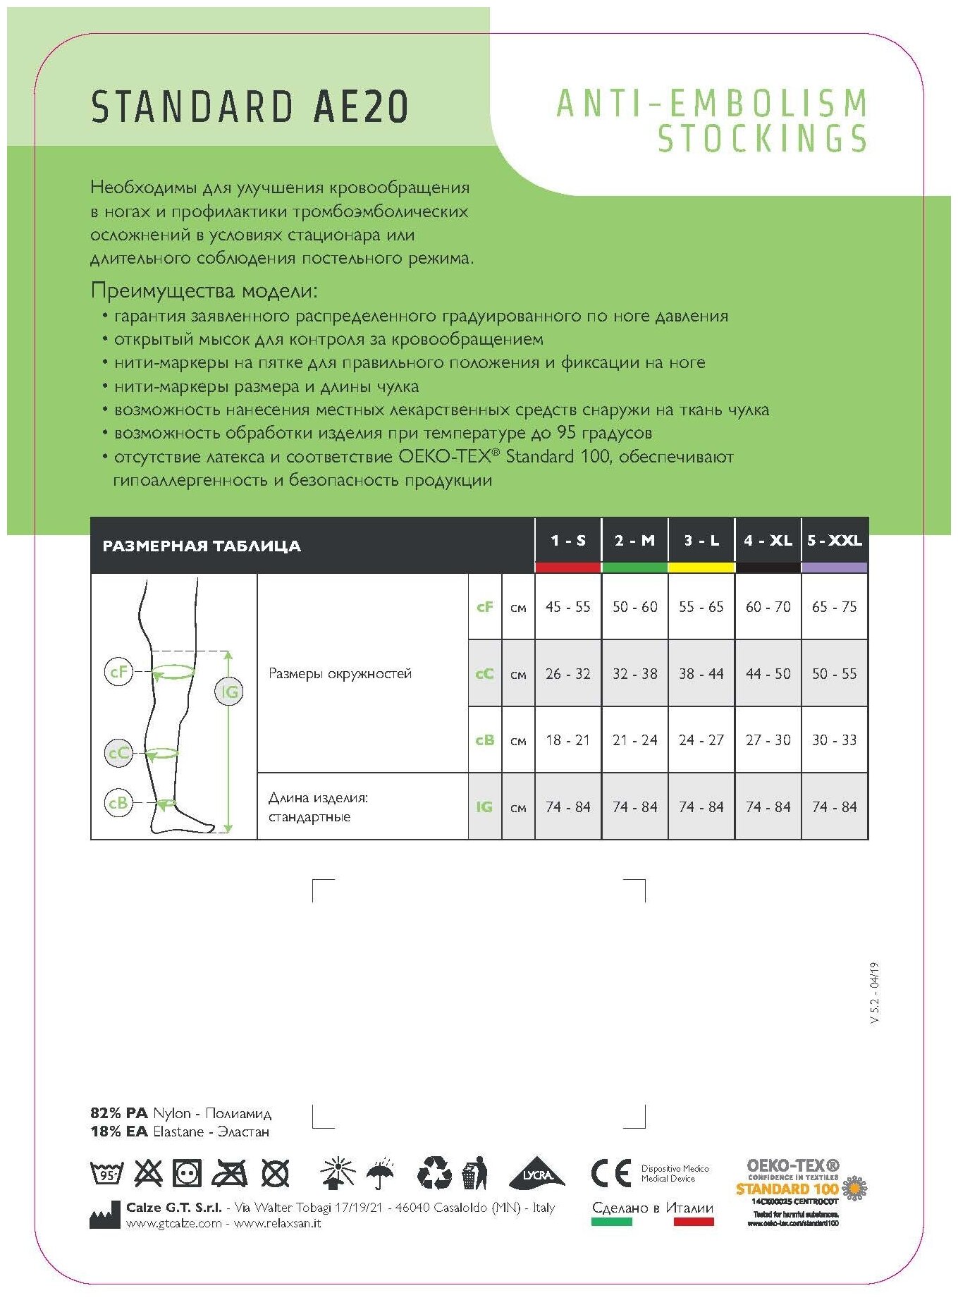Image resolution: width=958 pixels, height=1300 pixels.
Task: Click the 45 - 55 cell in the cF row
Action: [567, 607]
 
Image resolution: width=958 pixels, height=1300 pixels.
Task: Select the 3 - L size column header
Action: [701, 541]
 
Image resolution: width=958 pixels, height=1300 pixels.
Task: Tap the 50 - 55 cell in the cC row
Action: [835, 673]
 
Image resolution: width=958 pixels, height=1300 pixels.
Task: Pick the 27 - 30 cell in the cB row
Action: [768, 740]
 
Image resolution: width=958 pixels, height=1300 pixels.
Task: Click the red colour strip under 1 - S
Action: [567, 568]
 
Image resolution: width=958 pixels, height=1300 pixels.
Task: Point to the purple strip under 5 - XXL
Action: [835, 568]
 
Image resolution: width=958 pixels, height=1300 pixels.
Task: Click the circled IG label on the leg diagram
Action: [229, 692]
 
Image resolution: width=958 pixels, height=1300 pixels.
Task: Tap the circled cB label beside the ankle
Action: [118, 803]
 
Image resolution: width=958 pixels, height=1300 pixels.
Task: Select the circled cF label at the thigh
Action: [118, 672]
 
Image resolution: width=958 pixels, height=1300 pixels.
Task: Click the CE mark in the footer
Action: [610, 1174]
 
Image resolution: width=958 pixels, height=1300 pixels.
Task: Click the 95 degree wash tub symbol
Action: [107, 1173]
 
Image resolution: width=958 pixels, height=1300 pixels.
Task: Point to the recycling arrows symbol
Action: [434, 1172]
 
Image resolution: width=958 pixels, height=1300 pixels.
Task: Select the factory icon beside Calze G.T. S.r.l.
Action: [104, 1215]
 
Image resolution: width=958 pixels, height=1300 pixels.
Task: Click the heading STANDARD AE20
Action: [250, 107]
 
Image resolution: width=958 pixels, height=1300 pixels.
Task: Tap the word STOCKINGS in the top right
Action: [763, 138]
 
